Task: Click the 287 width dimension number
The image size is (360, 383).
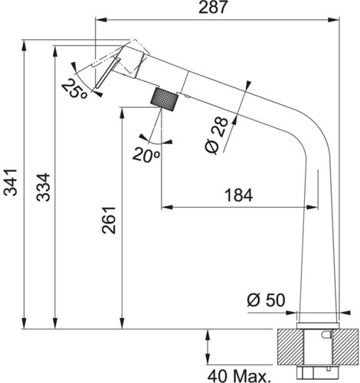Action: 213,7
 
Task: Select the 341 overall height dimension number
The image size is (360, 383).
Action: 11,182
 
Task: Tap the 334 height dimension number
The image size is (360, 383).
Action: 43,187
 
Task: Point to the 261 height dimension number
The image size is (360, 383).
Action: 109,220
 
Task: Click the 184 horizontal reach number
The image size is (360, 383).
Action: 238,195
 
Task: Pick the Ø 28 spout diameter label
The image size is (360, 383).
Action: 216,136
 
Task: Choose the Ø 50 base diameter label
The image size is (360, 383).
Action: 266,300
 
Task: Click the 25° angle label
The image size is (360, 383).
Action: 74,88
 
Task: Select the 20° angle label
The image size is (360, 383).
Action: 146,155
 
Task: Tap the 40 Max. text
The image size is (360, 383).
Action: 239,376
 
